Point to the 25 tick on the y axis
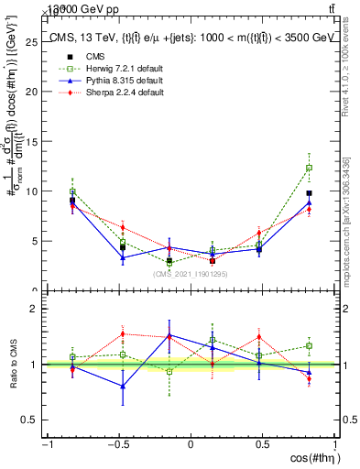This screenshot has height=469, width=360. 35,42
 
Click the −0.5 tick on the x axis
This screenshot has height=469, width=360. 118,445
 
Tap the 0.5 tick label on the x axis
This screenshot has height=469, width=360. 263,445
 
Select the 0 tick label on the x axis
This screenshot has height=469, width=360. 191,445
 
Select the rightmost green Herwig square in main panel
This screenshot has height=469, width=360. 310,168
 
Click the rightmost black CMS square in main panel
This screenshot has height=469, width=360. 310,193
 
